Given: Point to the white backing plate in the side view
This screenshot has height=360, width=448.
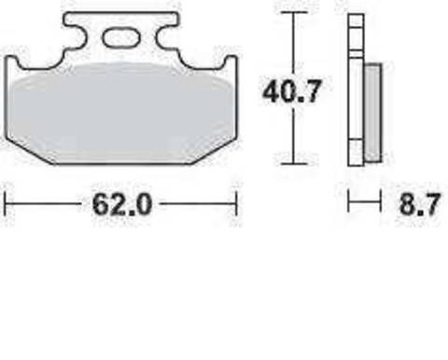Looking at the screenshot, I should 355,93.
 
